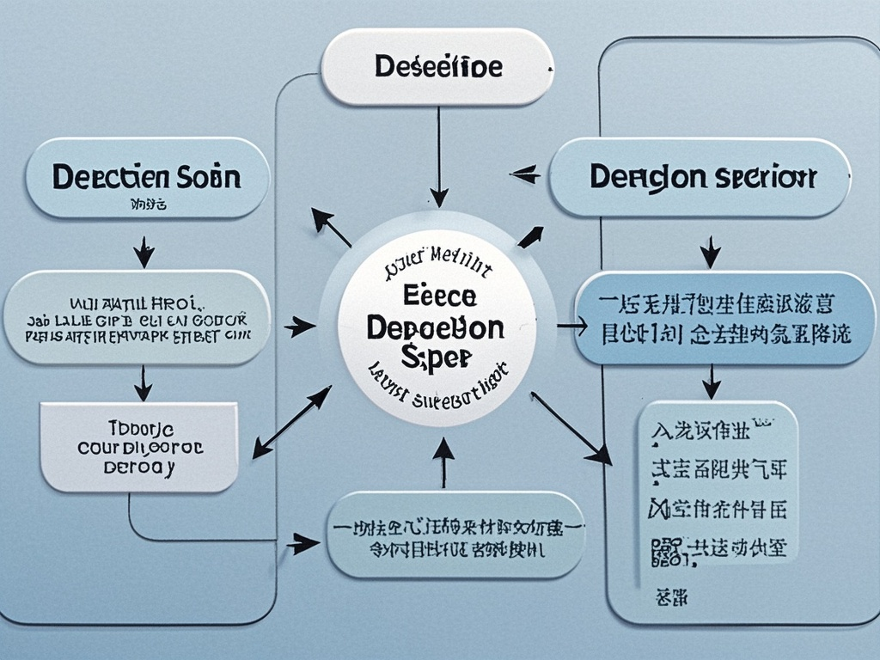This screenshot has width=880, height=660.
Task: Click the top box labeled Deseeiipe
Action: pyautogui.click(x=437, y=67)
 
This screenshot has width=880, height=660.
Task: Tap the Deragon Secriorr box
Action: pyautogui.click(x=701, y=178)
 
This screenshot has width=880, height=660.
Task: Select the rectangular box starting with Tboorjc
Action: pyautogui.click(x=139, y=447)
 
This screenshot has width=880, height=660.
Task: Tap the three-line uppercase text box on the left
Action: pyautogui.click(x=137, y=317)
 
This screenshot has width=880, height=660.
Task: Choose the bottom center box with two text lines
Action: pyautogui.click(x=455, y=535)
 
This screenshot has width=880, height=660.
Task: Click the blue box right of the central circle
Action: pyautogui.click(x=724, y=319)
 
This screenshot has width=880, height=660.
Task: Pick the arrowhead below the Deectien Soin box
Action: pyautogui.click(x=144, y=254)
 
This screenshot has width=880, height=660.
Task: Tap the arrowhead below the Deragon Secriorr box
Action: pyautogui.click(x=710, y=254)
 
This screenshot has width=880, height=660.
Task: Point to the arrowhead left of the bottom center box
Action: pyautogui.click(x=302, y=543)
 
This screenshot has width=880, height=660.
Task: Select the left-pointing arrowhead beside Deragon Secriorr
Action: pyautogui.click(x=522, y=176)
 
